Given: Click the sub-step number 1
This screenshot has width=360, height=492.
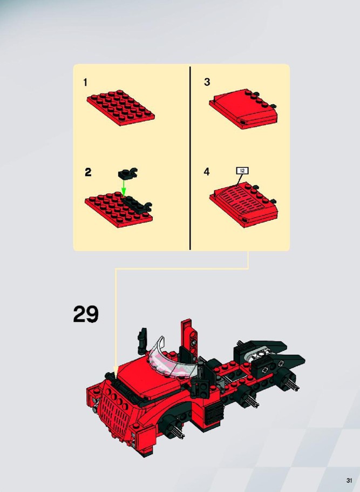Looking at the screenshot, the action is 85,82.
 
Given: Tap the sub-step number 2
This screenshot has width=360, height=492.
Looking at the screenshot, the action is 88,172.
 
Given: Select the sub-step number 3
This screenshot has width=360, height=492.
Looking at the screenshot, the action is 207,82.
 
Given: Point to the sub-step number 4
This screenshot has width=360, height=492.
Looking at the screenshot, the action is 207,172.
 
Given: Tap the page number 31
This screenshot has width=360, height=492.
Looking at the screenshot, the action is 349,481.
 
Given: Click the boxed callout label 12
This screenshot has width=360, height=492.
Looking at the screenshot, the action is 242,171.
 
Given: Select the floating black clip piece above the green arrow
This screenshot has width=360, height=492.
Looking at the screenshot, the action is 127,173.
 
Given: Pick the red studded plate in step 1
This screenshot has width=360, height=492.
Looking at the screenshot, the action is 121,107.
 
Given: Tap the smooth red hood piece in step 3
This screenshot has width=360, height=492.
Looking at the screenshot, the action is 243,109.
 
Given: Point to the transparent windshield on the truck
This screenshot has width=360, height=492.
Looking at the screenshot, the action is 173,360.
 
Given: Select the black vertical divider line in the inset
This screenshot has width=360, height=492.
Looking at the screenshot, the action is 190,158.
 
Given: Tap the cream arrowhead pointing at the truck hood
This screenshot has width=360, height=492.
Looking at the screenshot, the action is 116,371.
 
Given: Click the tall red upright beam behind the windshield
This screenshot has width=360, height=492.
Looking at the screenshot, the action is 189,339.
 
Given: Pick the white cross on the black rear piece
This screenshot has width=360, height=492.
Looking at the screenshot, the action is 265,369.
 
